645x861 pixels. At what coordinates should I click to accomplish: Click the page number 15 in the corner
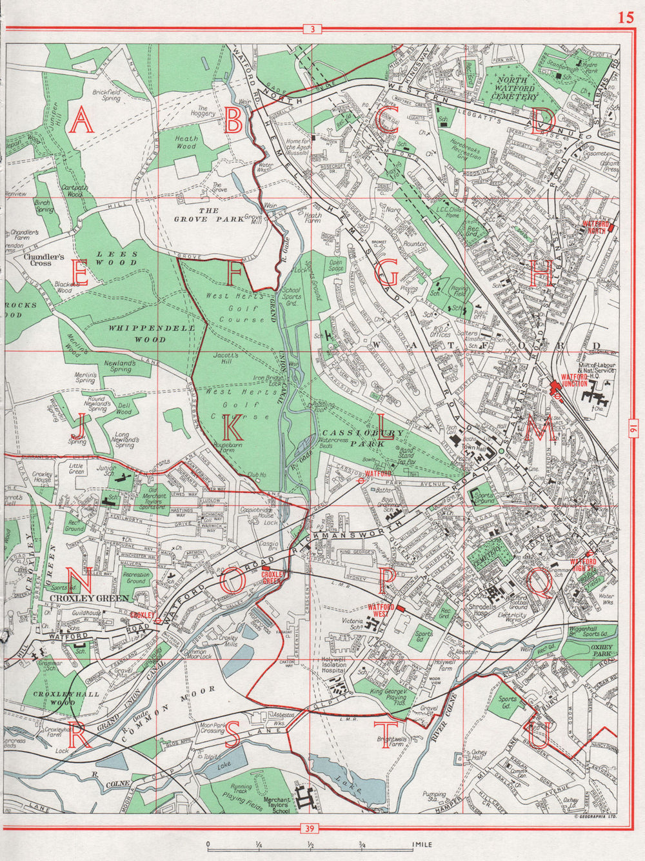(625, 17)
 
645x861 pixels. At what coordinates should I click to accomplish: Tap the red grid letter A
(82, 121)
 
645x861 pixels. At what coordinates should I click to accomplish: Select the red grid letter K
(233, 427)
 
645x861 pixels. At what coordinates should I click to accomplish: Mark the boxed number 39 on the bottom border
(312, 828)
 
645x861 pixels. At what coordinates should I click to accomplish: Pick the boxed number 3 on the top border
(312, 29)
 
